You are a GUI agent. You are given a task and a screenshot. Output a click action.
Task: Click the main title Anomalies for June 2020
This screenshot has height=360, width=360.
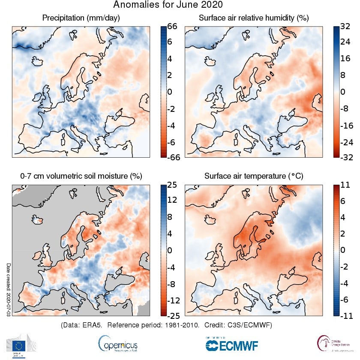coord(168,5)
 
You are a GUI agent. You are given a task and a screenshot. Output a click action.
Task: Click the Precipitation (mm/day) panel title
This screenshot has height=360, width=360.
coord(81,18)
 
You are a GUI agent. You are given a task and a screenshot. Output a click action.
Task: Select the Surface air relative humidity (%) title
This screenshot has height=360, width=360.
coord(254,18)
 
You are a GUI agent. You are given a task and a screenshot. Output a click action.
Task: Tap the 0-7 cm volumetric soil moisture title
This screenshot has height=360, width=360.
coord(81,176)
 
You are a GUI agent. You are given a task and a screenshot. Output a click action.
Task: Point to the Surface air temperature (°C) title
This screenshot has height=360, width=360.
coord(254,176)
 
